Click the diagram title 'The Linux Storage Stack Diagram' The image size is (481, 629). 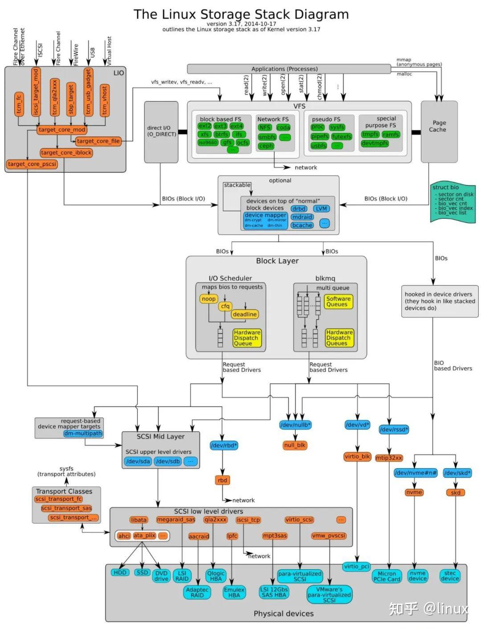241,14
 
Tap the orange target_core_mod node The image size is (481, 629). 61,130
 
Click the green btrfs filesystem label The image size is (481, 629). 221,134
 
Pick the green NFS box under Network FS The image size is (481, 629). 265,127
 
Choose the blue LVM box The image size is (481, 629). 321,208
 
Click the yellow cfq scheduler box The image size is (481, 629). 225,306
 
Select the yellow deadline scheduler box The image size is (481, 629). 245,314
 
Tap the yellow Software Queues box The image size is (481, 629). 338,302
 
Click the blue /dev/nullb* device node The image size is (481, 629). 295,425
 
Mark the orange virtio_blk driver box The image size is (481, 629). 357,456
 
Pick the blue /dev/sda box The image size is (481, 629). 138,461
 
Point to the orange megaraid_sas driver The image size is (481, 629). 175,519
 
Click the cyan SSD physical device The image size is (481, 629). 142,572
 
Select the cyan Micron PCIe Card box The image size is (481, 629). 387,576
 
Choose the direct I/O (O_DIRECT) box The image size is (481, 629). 161,131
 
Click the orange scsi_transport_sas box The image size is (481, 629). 66,508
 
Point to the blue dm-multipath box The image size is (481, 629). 83,433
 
